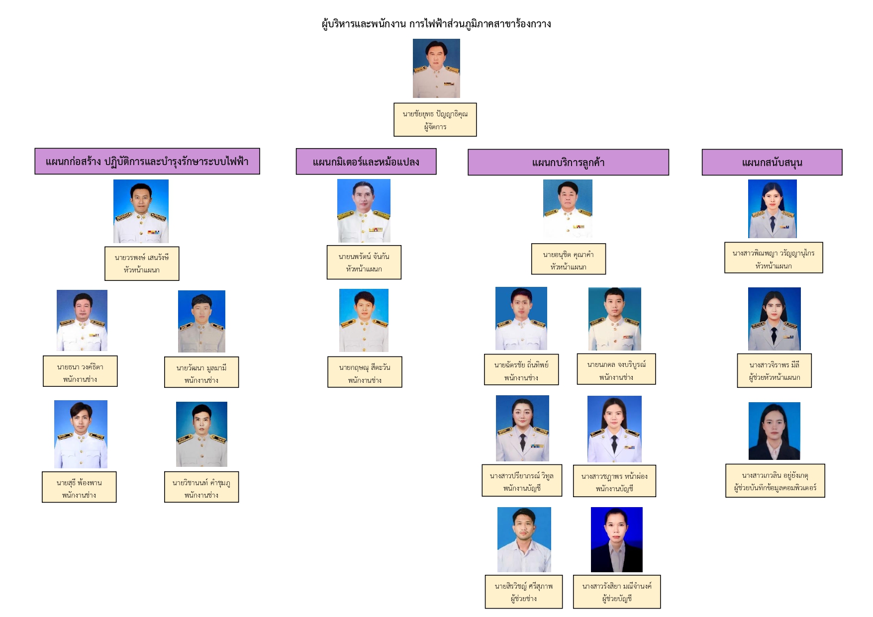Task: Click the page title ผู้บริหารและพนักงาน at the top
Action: [364, 24]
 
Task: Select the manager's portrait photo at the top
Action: [436, 68]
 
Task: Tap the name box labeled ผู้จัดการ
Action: [435, 120]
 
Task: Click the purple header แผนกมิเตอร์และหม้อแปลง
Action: [366, 162]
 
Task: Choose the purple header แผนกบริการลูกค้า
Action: [568, 162]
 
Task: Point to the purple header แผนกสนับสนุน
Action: [772, 162]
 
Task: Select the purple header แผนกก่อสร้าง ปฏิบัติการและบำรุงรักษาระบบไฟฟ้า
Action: [147, 161]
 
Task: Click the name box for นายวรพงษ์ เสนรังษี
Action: [142, 264]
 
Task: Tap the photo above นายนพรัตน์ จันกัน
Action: [364, 211]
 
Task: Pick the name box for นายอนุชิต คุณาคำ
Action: [569, 259]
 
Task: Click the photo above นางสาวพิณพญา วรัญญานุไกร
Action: [773, 209]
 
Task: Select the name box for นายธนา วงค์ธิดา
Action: [80, 371]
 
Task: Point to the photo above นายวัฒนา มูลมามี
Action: [201, 321]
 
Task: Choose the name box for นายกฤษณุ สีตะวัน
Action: [365, 372]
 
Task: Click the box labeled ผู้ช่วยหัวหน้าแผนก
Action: [775, 370]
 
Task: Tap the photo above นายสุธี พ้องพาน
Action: [81, 434]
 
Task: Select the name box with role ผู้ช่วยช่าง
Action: [524, 592]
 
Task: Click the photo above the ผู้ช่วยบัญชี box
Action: [617, 539]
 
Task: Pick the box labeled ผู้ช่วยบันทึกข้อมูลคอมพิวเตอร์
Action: [776, 481]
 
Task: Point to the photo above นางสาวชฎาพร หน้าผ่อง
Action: [614, 429]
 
